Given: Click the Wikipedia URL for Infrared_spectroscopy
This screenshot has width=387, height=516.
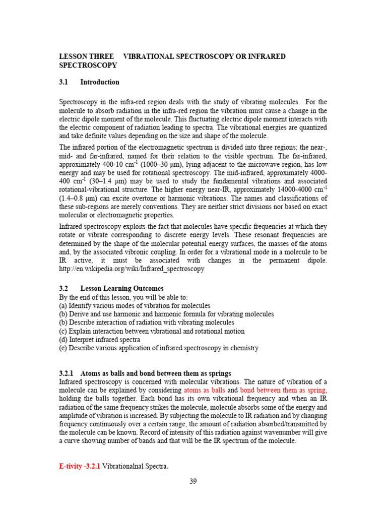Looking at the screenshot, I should click(132, 269).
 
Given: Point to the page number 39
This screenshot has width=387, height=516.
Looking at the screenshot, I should click(193, 481).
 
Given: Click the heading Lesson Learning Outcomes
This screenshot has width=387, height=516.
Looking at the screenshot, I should click(122, 289).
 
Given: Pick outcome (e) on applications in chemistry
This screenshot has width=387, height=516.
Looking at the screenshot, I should click(159, 348).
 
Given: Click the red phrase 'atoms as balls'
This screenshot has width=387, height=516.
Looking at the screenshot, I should click(204, 390).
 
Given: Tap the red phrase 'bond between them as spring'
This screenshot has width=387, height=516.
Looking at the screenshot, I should click(283, 390).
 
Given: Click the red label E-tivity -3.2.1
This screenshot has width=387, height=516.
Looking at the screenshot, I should click(80, 466).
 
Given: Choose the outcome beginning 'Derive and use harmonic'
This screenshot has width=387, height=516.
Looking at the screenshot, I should click(166, 314).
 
